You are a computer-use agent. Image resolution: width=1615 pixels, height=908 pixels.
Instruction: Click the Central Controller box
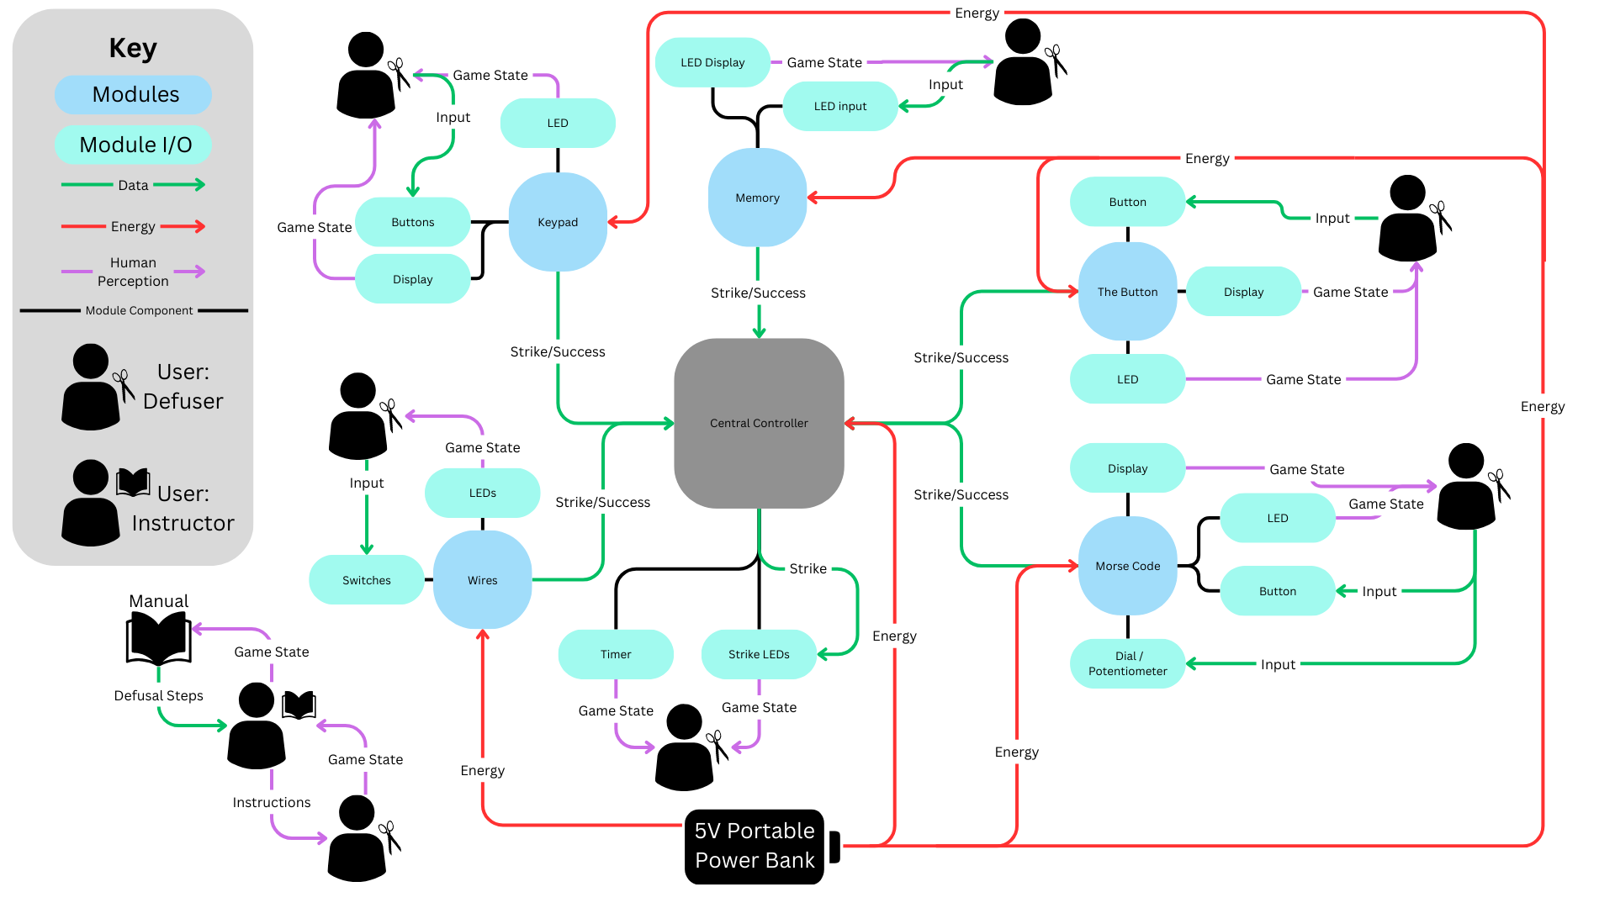point(759,423)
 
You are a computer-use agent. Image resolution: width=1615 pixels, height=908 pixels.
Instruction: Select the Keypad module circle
point(558,222)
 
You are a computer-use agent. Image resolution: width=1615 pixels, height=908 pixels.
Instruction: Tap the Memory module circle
point(757,198)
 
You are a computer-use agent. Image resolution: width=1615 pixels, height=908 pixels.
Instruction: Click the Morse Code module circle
point(1127,566)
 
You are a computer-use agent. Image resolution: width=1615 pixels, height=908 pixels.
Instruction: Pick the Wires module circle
point(482,580)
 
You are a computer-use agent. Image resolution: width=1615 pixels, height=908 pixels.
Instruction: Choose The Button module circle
point(1127,292)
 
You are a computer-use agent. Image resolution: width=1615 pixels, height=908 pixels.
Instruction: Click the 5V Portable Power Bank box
point(755,846)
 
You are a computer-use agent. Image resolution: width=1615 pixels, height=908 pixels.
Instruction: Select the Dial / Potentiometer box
point(1127,663)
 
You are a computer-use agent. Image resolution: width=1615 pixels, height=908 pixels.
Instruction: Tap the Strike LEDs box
point(759,654)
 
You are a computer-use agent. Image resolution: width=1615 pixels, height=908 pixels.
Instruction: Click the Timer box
point(616,654)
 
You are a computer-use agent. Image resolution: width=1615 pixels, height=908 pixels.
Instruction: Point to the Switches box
point(367,580)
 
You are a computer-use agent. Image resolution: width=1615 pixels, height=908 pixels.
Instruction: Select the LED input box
point(839,106)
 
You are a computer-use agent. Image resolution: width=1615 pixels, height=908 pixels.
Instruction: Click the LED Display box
point(712,62)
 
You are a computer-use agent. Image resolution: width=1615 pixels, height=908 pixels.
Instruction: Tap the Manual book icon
point(158,639)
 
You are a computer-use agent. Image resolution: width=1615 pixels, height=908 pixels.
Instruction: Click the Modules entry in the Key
point(134,94)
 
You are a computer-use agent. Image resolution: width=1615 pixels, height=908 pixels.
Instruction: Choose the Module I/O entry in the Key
point(134,145)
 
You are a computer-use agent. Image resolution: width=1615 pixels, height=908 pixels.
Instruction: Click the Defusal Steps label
point(158,695)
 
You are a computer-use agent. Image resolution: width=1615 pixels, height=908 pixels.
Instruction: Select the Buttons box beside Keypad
point(412,222)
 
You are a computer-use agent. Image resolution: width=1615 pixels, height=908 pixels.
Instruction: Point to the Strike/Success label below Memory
point(758,293)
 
